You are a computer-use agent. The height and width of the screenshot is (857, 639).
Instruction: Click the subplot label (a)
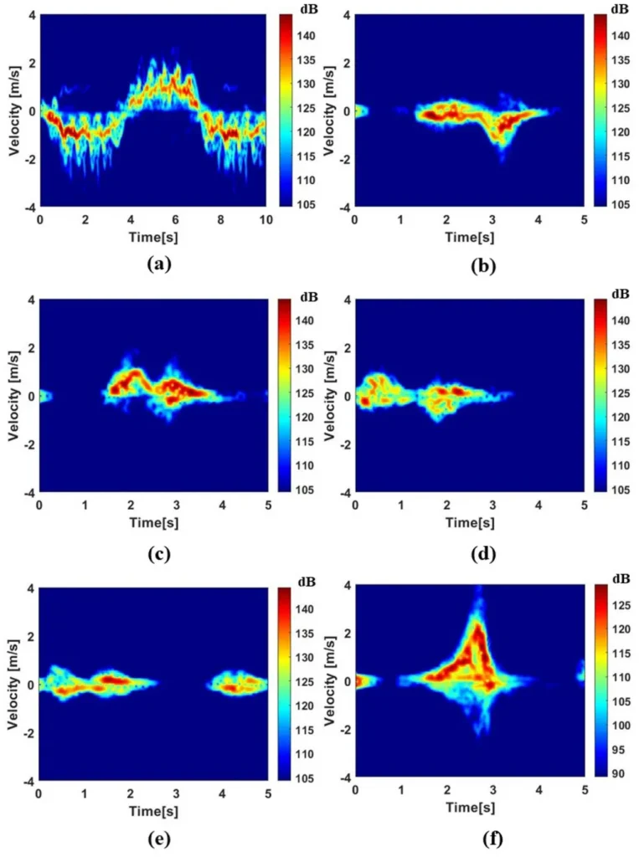tap(158, 264)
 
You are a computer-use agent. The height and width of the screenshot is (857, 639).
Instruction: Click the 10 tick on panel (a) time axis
tap(267, 219)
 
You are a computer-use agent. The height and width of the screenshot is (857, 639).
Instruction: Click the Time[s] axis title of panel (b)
tap(472, 238)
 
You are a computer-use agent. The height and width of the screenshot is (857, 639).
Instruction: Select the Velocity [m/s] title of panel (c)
tap(14, 395)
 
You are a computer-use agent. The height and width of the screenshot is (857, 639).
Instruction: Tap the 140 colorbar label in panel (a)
tap(297, 36)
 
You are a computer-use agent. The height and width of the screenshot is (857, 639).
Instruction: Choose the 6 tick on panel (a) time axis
tap(177, 219)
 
